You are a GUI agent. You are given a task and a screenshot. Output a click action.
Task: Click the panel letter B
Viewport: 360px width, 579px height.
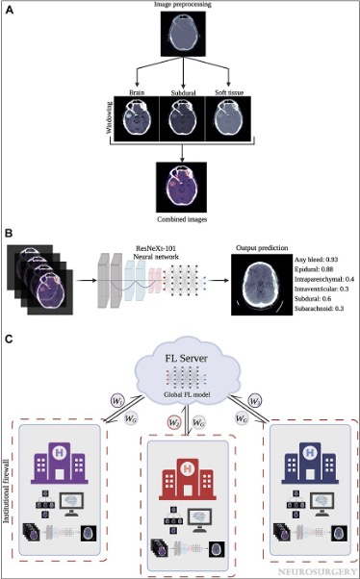click(x=10, y=233)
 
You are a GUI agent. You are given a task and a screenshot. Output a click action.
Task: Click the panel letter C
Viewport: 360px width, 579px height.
click(x=10, y=339)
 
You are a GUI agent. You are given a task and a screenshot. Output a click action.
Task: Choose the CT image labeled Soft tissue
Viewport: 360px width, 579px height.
click(x=227, y=127)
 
